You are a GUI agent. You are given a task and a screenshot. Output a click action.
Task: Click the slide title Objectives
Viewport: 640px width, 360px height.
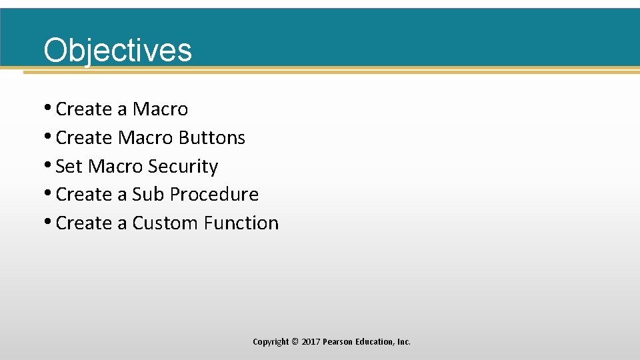point(117,50)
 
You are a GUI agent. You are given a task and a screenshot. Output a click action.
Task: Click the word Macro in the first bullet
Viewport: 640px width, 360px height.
point(160,109)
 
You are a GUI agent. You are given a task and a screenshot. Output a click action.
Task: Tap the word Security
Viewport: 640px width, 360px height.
point(183,166)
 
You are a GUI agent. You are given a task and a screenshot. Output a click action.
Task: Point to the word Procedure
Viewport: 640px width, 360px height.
point(214,194)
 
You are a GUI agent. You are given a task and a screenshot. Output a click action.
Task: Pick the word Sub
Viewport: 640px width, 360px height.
point(147,194)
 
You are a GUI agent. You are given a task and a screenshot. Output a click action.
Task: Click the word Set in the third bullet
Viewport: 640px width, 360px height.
point(69,166)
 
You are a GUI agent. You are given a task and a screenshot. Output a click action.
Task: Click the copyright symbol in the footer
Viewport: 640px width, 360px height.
point(295,341)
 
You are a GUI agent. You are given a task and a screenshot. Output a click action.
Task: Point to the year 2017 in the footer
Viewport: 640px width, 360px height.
point(311,341)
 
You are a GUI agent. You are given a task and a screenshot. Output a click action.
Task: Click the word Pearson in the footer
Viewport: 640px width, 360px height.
point(339,341)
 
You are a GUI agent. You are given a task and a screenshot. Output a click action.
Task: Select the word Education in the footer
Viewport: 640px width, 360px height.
point(375,341)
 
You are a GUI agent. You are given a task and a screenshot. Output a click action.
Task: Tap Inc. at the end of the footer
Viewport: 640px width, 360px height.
point(404,341)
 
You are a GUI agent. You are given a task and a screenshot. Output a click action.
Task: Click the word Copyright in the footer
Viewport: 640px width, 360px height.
point(271,341)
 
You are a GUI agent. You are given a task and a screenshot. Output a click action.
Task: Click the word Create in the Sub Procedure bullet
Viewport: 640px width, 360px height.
point(84,194)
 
